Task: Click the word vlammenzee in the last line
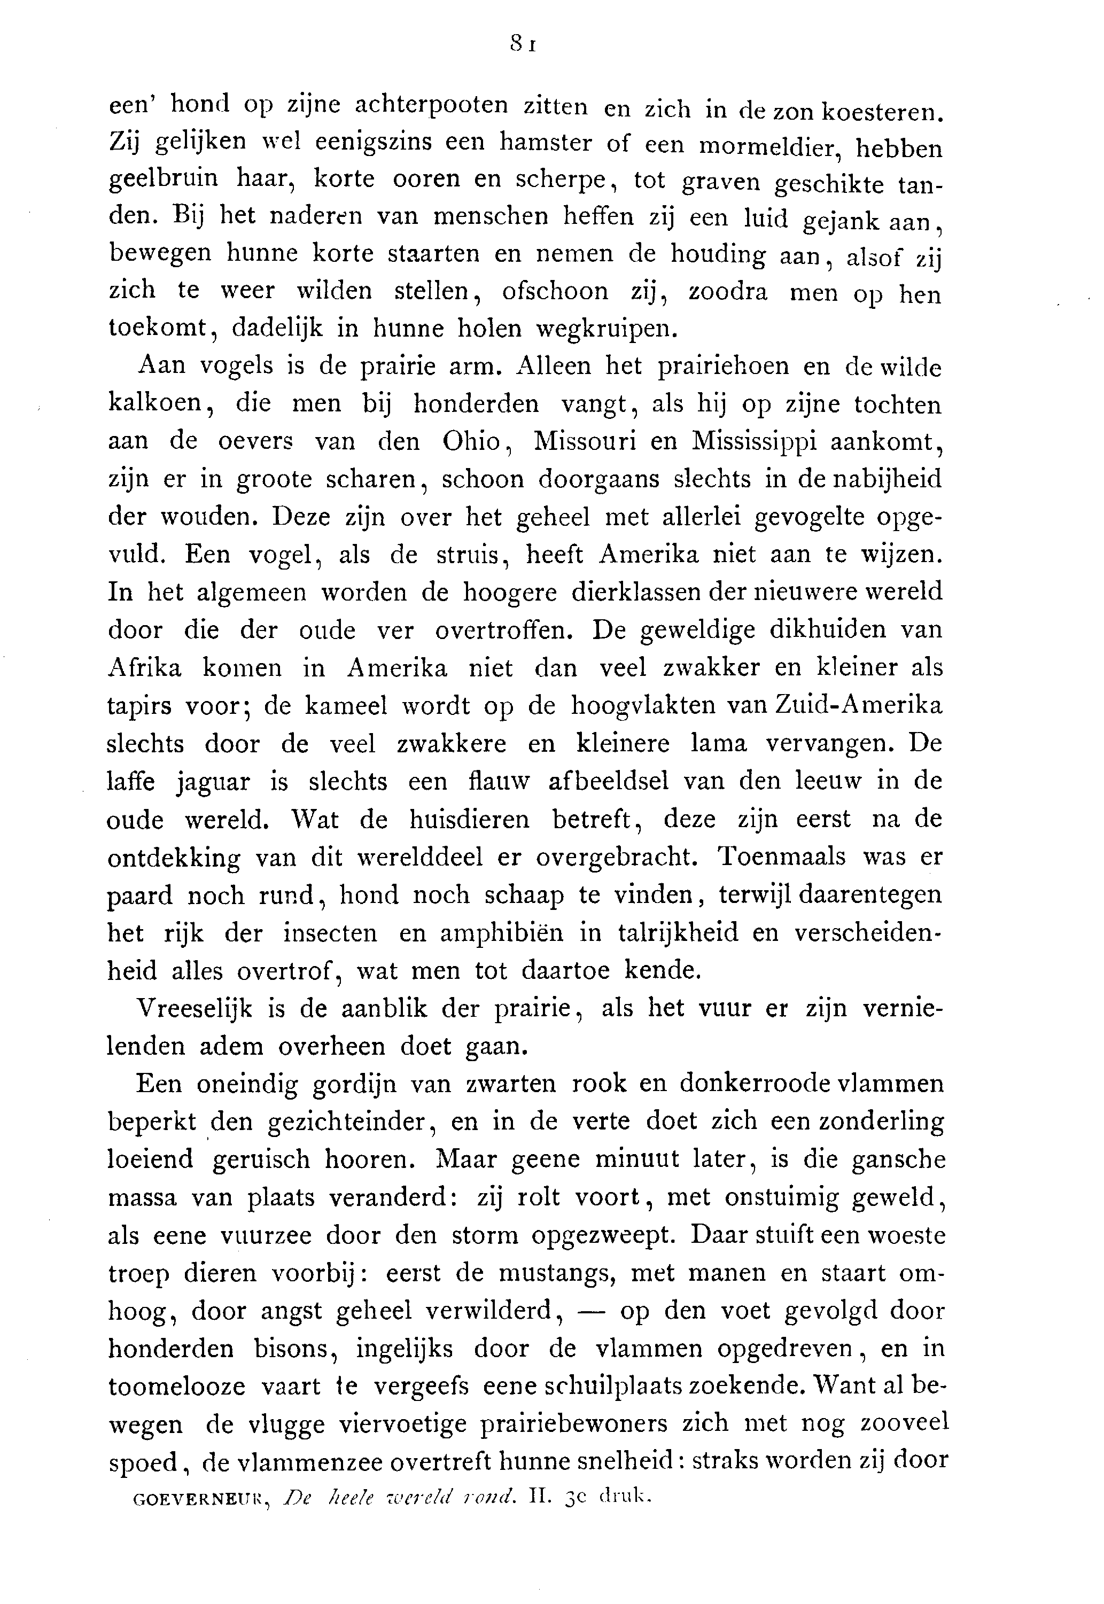[308, 1461]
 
